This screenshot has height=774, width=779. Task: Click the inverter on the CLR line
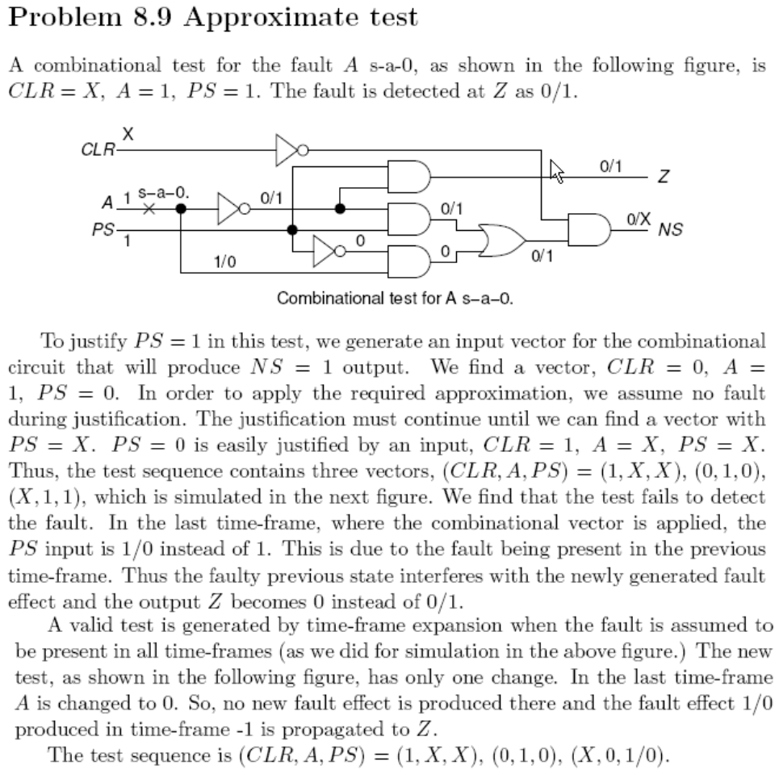pyautogui.click(x=288, y=149)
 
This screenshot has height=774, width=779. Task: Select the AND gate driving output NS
pyautogui.click(x=590, y=229)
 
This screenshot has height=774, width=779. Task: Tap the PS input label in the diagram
pyautogui.click(x=104, y=230)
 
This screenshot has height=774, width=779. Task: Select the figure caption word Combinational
pyautogui.click(x=320, y=298)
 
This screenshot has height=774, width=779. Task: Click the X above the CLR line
pyautogui.click(x=126, y=137)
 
